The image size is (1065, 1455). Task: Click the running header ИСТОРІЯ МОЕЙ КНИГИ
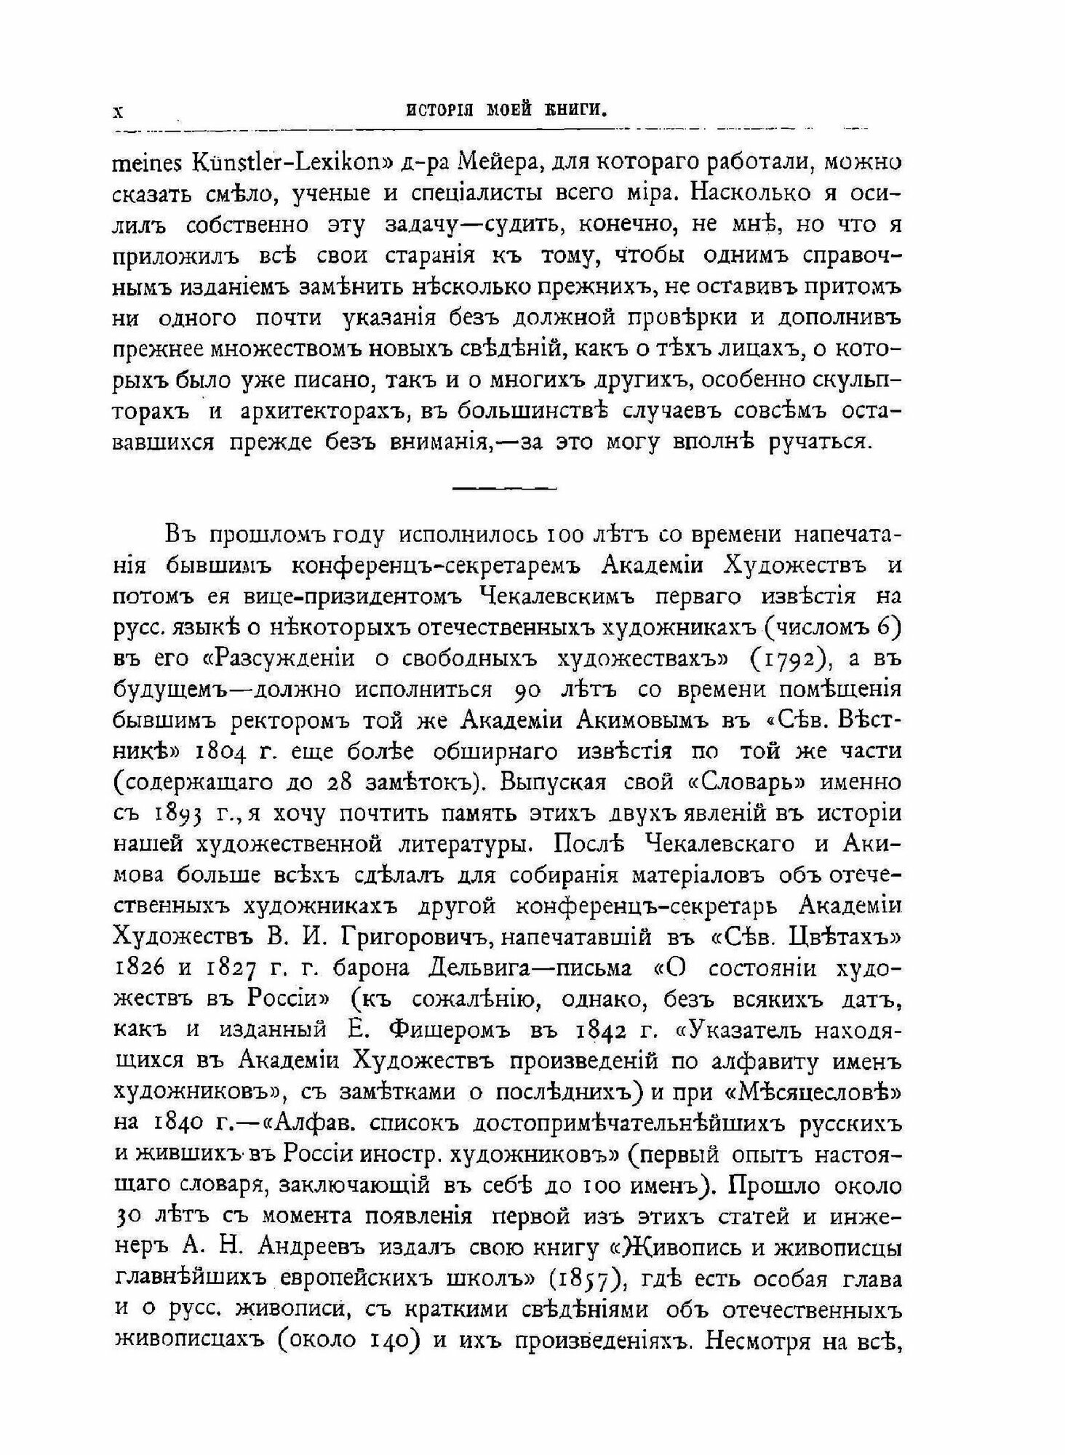point(507,110)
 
